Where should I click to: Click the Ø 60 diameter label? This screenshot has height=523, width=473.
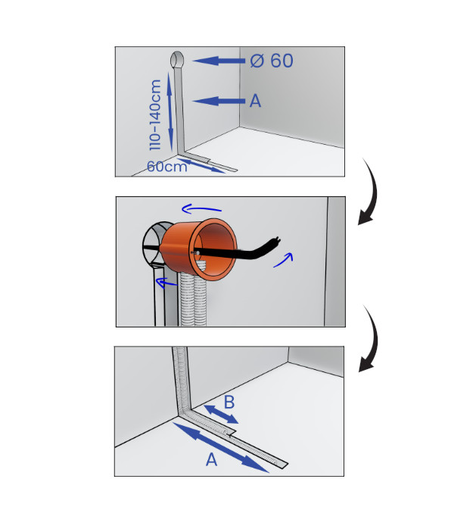point(272,61)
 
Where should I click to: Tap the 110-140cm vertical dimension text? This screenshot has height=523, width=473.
point(155,114)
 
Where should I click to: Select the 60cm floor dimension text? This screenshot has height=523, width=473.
point(167,167)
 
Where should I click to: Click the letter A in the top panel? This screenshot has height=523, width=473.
point(255,101)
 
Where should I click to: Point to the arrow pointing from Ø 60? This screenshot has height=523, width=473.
point(218,61)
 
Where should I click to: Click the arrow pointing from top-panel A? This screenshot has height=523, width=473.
point(218,101)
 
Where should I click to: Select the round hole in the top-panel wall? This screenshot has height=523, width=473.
point(177,60)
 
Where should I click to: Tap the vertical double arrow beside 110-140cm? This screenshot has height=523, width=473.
point(170,112)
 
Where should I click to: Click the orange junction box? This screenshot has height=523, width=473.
point(199,249)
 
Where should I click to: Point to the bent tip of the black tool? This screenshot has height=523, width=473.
point(275,240)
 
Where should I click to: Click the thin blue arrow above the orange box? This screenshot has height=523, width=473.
point(201,209)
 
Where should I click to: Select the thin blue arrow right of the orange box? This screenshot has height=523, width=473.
point(284,259)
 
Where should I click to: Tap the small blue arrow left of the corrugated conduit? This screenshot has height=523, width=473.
point(166,283)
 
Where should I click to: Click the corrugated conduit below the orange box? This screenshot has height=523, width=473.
point(194,300)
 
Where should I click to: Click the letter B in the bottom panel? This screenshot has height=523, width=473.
point(229,402)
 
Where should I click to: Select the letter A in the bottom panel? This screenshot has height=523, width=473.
point(211,459)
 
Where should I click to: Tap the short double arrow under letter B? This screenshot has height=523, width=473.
point(221,415)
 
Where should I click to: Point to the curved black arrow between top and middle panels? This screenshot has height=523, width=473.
point(371,193)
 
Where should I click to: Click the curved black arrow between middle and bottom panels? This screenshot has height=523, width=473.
point(372,340)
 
